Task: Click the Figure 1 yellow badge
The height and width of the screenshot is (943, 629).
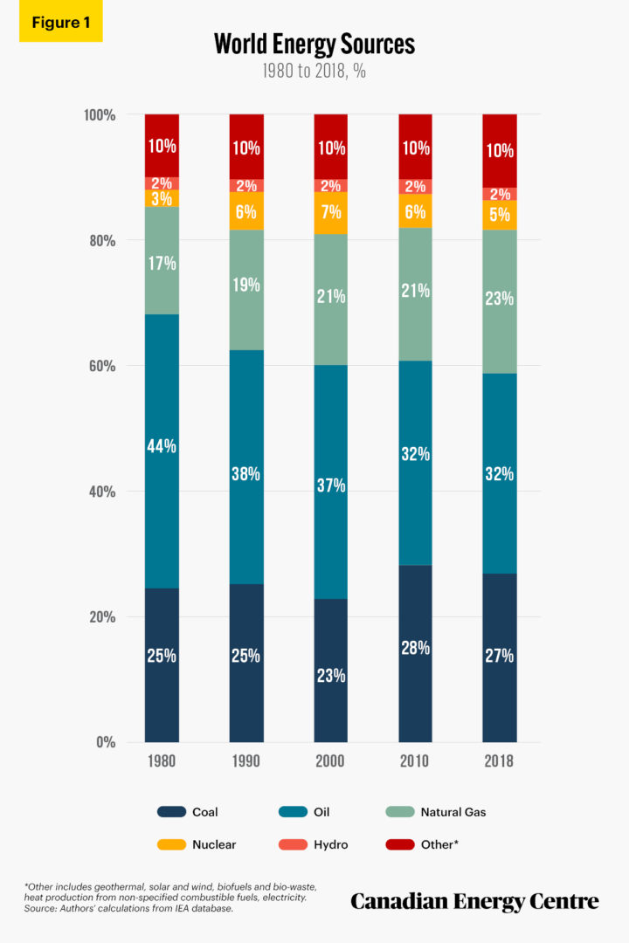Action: (x=60, y=23)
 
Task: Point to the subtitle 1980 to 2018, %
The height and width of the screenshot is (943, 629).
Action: (x=314, y=72)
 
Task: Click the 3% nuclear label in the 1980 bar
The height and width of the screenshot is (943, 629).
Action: (x=162, y=199)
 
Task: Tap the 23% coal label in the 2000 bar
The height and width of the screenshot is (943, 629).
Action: (x=331, y=675)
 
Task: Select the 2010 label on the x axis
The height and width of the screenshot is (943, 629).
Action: (x=415, y=761)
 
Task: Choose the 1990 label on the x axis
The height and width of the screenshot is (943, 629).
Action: (x=246, y=761)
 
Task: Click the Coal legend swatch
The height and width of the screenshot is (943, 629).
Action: (x=171, y=812)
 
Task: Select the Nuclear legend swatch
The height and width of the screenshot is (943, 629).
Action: (x=171, y=844)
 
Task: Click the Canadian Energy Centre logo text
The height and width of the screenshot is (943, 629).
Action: (x=474, y=900)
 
